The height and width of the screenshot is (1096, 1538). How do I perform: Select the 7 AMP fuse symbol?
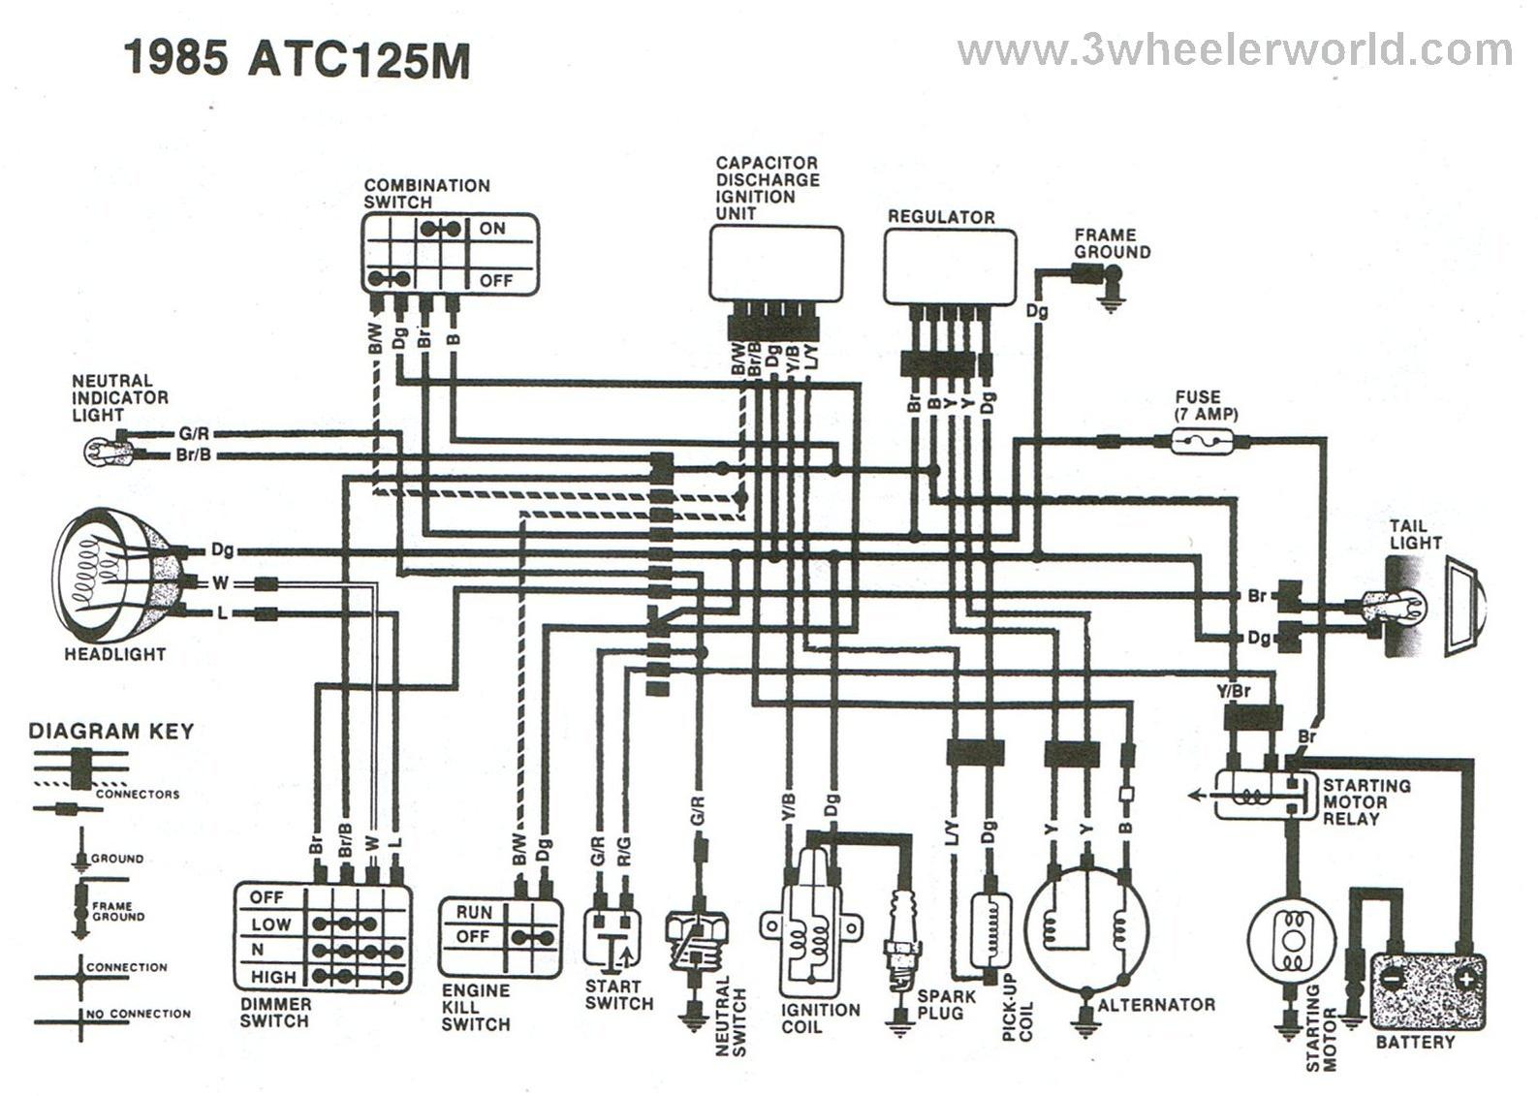[1202, 443]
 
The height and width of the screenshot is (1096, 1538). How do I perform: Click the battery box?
[1427, 990]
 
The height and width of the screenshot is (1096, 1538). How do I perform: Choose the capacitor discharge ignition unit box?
[775, 263]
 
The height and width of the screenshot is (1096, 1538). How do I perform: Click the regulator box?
[950, 266]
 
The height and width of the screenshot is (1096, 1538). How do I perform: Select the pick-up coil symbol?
[990, 930]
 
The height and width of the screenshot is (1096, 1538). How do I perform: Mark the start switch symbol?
[612, 937]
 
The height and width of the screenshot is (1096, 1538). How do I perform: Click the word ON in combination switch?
[492, 229]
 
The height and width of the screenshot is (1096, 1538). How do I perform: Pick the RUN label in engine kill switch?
[474, 912]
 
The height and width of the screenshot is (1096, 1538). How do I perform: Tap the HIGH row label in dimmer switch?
[272, 977]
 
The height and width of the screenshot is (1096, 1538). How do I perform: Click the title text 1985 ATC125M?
[297, 59]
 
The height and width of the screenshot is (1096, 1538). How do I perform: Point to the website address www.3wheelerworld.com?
[1234, 50]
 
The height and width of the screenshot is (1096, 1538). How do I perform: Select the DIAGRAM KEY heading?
[111, 731]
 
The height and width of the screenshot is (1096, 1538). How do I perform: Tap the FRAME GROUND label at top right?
[1112, 243]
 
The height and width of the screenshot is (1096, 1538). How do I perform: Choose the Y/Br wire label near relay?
[1234, 693]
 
